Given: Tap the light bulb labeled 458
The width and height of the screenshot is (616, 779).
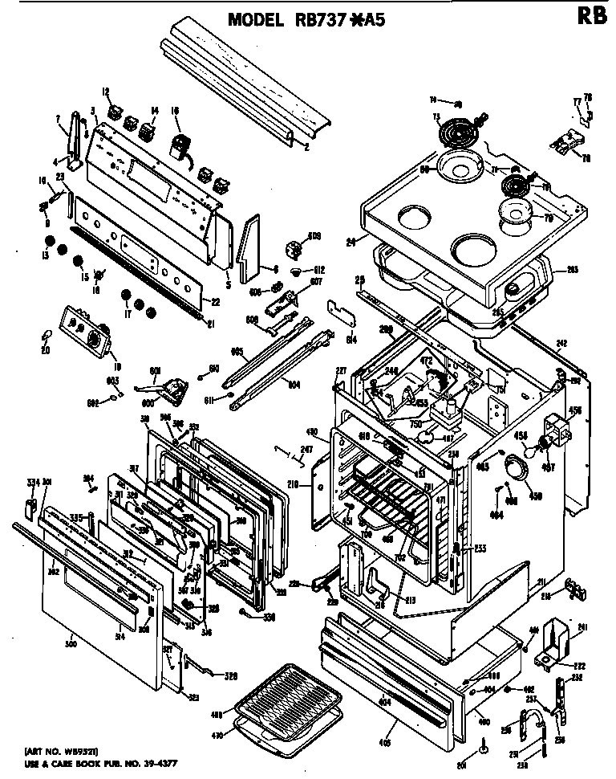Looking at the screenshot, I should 545,443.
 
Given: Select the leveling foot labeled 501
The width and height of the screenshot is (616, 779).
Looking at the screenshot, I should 485,747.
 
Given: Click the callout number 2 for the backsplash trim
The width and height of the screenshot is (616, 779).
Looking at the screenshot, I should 306,147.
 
